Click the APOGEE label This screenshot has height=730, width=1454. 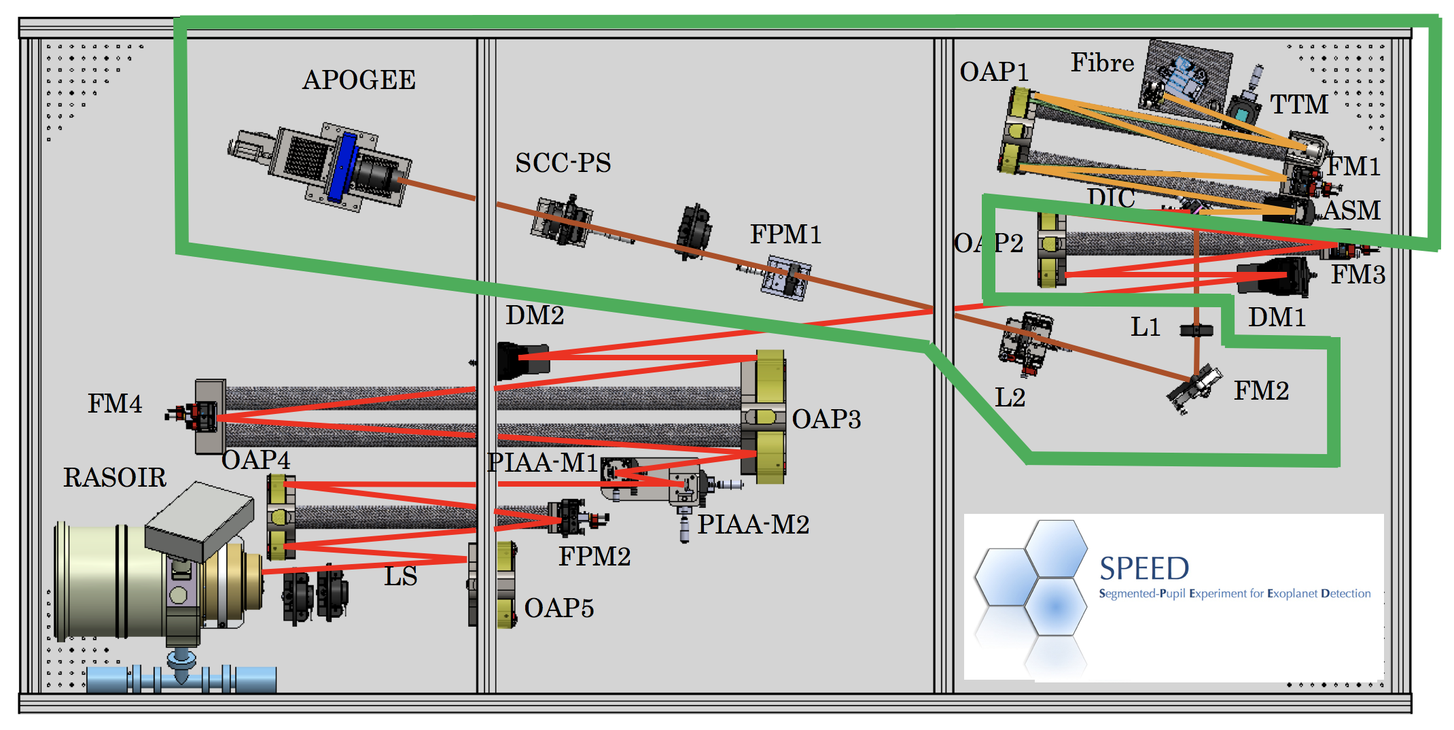pos(359,80)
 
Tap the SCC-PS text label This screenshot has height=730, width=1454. pos(563,163)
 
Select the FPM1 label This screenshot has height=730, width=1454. pos(785,234)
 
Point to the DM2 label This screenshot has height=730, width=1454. pos(535,315)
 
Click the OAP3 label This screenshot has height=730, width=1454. pos(826,419)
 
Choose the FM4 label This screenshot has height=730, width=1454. pos(115,404)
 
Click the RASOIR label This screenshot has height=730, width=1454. pos(115,478)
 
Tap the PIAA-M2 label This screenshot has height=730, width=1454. pos(753,525)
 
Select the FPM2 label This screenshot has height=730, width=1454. pos(595,557)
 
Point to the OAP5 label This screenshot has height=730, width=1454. pos(559,608)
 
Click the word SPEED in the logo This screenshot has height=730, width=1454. pos(1144,568)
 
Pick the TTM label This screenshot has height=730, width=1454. pos(1299,105)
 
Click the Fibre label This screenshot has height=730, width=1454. pos(1102,63)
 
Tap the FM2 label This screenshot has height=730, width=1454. pos(1261,391)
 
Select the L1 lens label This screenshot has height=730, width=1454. pos(1145,328)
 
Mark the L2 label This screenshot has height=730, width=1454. pos(1010,398)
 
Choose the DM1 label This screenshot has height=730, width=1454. pos(1277,317)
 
